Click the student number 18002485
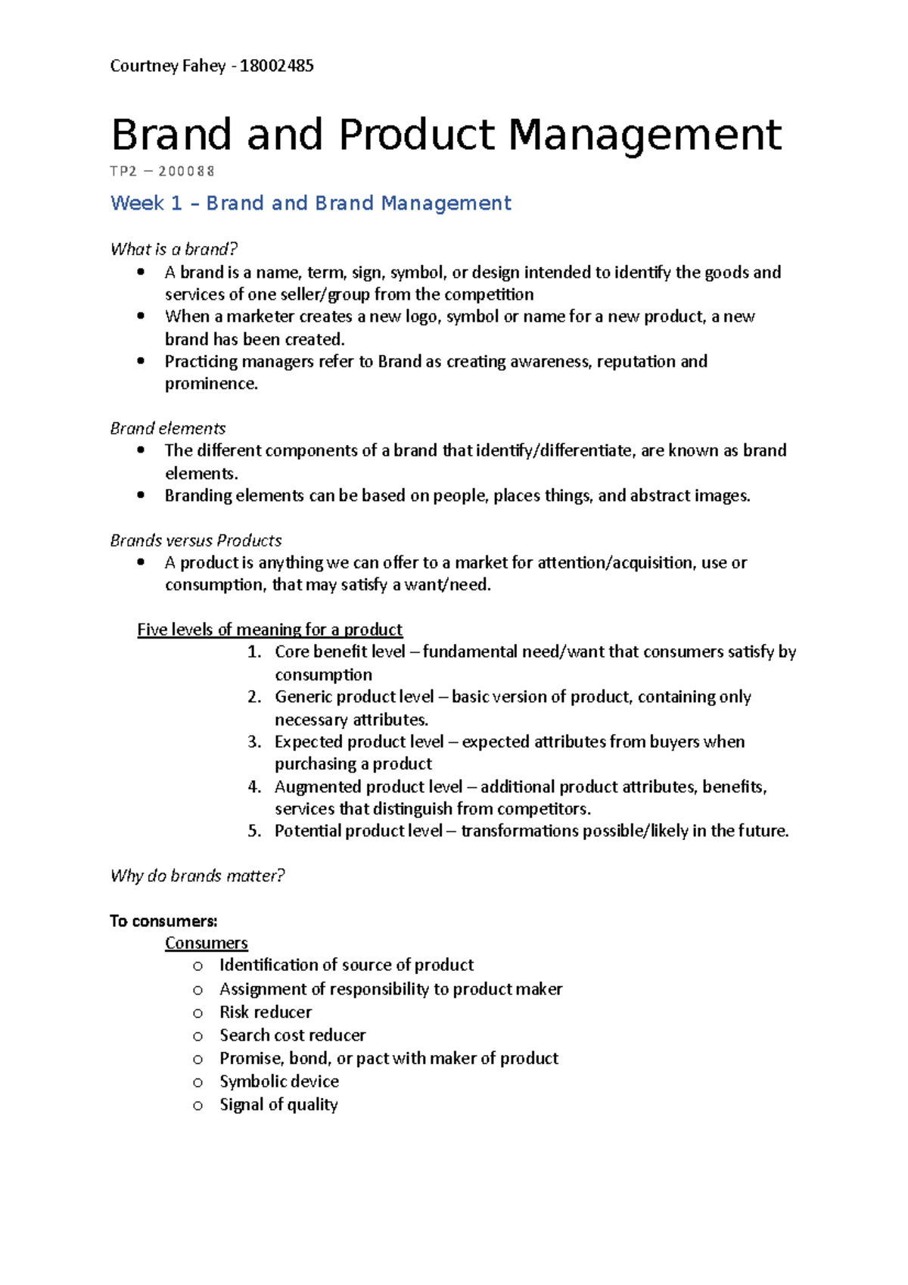tap(276, 66)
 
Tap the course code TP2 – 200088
tap(163, 172)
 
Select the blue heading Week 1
tap(146, 204)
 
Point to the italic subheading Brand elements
tap(168, 428)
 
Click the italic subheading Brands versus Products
tap(196, 540)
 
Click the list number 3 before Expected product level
tap(254, 742)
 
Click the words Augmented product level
tap(368, 787)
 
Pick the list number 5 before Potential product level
tap(254, 831)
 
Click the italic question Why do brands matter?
tap(197, 876)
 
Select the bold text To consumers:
tap(163, 921)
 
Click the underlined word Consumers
tap(207, 943)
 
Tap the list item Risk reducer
tap(266, 1012)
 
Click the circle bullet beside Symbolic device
tap(198, 1082)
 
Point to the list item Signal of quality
tap(278, 1105)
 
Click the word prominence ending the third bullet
tap(210, 384)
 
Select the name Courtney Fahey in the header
tap(168, 66)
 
